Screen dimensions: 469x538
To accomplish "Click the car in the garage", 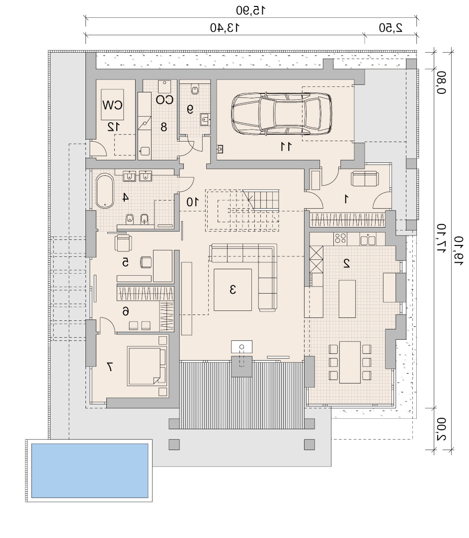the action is [x=282, y=113].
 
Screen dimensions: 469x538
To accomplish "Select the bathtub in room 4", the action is [x=105, y=191].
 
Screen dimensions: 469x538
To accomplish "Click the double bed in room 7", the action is [x=147, y=366].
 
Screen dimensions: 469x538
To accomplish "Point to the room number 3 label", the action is [x=233, y=289].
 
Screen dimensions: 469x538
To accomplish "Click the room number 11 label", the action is [x=286, y=147].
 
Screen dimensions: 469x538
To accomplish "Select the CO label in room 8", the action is [x=164, y=99].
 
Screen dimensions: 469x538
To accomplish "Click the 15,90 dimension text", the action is [x=251, y=10].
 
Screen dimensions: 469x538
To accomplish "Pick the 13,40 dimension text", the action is [x=225, y=27].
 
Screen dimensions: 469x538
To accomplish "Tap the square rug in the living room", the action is [x=233, y=290].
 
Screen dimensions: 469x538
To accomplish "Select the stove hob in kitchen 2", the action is [x=340, y=238].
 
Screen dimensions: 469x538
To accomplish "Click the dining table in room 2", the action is [x=350, y=362].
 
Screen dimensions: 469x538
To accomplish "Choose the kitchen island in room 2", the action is [x=347, y=299].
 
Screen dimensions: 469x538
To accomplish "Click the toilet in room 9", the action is [x=195, y=89].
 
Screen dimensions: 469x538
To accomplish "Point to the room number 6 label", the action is [x=126, y=311].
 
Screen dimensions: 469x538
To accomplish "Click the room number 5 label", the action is [x=126, y=262].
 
